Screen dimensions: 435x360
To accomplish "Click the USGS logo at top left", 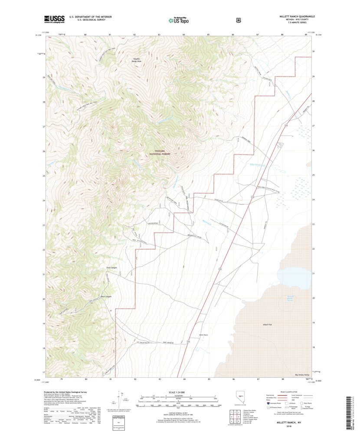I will (54, 19).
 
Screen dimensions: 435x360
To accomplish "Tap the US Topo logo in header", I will (178, 20).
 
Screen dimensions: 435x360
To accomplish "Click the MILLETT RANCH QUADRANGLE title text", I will (297, 16).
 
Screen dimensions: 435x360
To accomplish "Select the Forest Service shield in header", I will (239, 20).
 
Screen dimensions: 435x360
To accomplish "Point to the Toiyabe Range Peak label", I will (137, 60).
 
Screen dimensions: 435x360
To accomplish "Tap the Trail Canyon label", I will (112, 267).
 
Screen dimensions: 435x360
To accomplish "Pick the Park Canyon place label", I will (106, 297).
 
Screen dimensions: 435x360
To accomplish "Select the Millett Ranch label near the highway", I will (203, 335).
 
